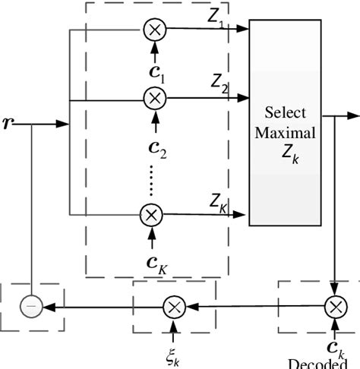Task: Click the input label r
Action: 8,121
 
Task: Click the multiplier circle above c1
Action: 154,30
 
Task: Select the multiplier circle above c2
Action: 154,98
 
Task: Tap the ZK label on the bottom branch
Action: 219,202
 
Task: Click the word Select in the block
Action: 285,113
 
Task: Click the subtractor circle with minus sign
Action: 31,307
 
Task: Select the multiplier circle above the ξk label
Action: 174,307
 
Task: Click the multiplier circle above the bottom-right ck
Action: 335,307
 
